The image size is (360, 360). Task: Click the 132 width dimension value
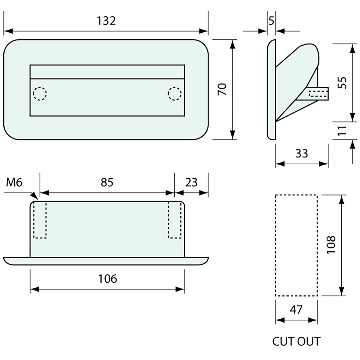pyautogui.click(x=106, y=21)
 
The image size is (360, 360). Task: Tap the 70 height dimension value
pyautogui.click(x=222, y=89)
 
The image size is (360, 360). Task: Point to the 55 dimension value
pyautogui.click(x=342, y=82)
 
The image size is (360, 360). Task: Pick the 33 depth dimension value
pyautogui.click(x=301, y=153)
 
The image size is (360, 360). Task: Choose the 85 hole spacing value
pyautogui.click(x=107, y=182)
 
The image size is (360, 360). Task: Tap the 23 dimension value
pyautogui.click(x=191, y=182)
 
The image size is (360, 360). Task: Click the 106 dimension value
pyautogui.click(x=107, y=279)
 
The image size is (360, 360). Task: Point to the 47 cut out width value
pyautogui.click(x=296, y=309)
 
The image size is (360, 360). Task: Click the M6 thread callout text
pyautogui.click(x=14, y=182)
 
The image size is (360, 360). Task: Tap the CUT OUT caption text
pyautogui.click(x=296, y=341)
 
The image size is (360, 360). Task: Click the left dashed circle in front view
pyautogui.click(x=40, y=94)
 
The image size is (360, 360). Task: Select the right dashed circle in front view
pyautogui.click(x=174, y=94)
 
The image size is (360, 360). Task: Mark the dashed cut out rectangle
pyautogui.click(x=296, y=245)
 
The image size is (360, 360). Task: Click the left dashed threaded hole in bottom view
pyautogui.click(x=40, y=220)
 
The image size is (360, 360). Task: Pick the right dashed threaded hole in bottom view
pyautogui.click(x=175, y=220)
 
